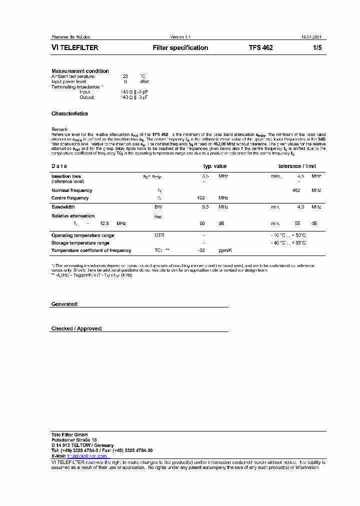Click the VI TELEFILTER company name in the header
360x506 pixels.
pos(75,48)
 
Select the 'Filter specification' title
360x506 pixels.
pos(180,48)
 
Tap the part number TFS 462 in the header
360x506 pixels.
pos(260,48)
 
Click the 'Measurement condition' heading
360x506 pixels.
pos(80,71)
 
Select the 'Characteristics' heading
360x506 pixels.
pos(69,113)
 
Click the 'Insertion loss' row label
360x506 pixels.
pos(66,176)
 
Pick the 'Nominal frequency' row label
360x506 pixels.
pos(71,190)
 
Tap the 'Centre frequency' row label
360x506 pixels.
pos(70,198)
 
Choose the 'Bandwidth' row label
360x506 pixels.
pos(63,207)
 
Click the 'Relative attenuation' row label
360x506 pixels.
pos(73,216)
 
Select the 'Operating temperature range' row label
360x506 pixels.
pos(82,235)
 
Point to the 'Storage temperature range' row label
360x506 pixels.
pos(80,243)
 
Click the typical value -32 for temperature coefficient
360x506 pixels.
pos(202,250)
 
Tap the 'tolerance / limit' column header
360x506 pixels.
pos(297,166)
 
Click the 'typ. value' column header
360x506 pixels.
pos(214,166)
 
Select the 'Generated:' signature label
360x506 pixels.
pos(64,304)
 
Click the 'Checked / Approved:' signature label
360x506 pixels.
pos(76,328)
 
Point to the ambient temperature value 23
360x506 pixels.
pos(125,76)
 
